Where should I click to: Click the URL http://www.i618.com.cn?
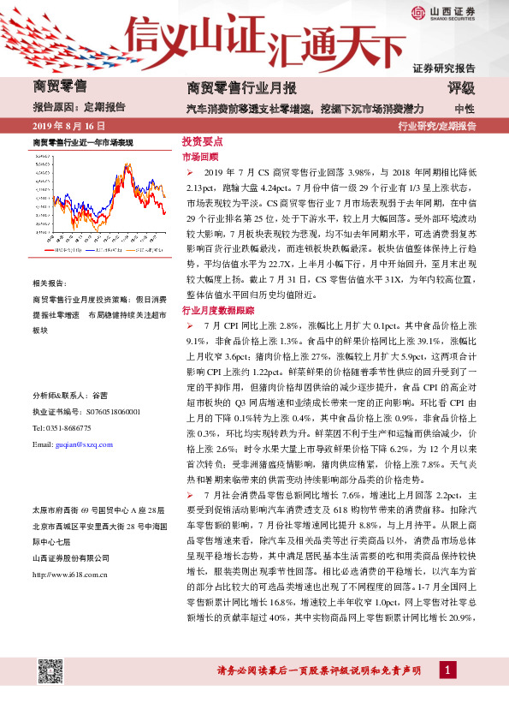(69, 574)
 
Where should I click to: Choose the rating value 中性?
(465, 109)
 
